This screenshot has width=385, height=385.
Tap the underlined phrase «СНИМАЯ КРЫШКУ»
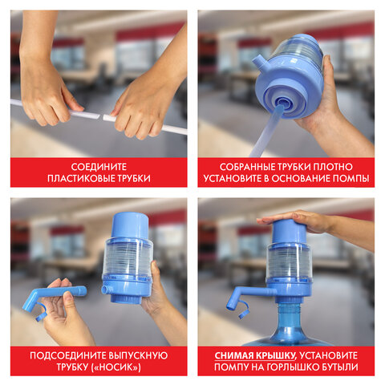[255, 354]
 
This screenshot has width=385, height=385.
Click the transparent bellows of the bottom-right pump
[288, 261]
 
